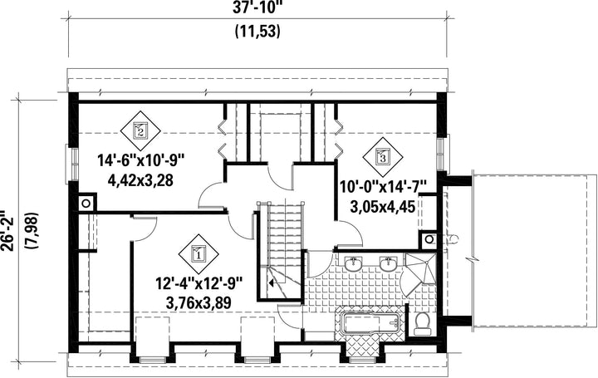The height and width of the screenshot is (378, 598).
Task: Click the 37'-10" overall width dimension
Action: tap(257, 7)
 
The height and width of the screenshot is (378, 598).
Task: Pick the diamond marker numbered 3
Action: tap(383, 155)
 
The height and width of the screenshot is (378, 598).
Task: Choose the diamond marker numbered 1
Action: tap(199, 253)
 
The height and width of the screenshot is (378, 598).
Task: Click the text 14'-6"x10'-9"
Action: tap(140, 160)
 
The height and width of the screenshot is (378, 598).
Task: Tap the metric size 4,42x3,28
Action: tap(140, 180)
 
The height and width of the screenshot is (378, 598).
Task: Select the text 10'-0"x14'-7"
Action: tap(383, 188)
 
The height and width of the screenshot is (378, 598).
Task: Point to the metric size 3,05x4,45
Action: tap(383, 207)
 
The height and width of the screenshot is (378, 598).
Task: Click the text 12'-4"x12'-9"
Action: tap(199, 284)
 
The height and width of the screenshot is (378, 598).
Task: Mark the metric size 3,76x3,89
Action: tap(199, 303)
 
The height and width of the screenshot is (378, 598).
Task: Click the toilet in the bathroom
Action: tap(422, 324)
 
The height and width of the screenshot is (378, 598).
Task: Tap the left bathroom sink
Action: tap(355, 263)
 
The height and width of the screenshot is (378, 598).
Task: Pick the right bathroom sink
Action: tap(389, 263)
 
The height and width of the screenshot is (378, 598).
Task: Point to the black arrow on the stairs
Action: tap(272, 283)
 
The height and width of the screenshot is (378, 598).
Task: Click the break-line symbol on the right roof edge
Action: tap(472, 259)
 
